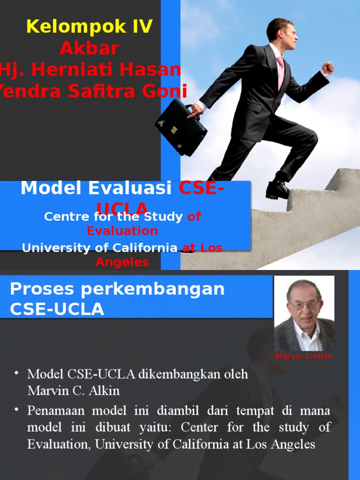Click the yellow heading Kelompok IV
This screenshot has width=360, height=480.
pyautogui.click(x=90, y=27)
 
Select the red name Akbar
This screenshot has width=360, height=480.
pyautogui.click(x=89, y=48)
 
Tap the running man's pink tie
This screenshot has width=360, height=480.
pyautogui.click(x=280, y=73)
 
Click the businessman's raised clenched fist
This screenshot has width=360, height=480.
pyautogui.click(x=328, y=67)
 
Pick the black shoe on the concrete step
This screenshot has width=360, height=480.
pyautogui.click(x=277, y=189)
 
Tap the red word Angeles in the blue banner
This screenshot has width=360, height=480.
pyautogui.click(x=122, y=262)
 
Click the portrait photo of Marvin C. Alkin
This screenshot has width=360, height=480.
pyautogui.click(x=304, y=313)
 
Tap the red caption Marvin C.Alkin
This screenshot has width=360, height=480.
pyautogui.click(x=304, y=356)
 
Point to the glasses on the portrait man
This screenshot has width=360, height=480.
pyautogui.click(x=304, y=305)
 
